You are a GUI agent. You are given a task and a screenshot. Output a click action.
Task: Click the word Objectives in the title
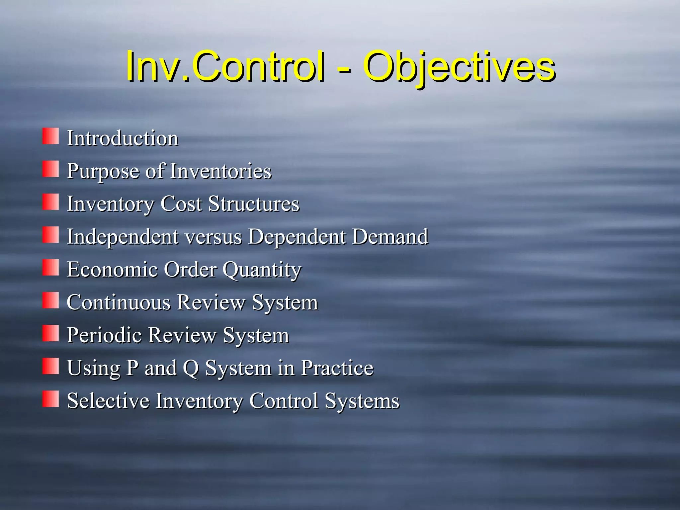click(x=460, y=66)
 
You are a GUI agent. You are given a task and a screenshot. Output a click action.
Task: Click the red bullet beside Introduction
click(x=50, y=136)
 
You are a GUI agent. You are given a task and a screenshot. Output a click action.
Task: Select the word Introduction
click(x=123, y=138)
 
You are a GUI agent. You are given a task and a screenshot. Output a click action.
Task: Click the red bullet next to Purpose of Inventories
click(x=50, y=169)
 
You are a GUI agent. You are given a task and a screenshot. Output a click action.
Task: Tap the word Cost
click(x=181, y=204)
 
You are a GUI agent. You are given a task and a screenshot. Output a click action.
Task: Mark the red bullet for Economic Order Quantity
click(x=50, y=267)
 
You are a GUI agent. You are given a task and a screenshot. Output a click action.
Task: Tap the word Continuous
click(x=119, y=302)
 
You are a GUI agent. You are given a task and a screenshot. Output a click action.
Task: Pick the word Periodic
click(x=104, y=335)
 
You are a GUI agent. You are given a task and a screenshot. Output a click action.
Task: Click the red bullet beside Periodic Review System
click(x=50, y=333)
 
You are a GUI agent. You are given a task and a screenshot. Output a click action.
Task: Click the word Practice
click(x=337, y=368)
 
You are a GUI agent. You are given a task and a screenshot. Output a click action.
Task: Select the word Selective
click(x=108, y=401)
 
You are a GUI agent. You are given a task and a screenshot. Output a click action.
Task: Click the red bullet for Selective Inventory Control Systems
click(x=50, y=399)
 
